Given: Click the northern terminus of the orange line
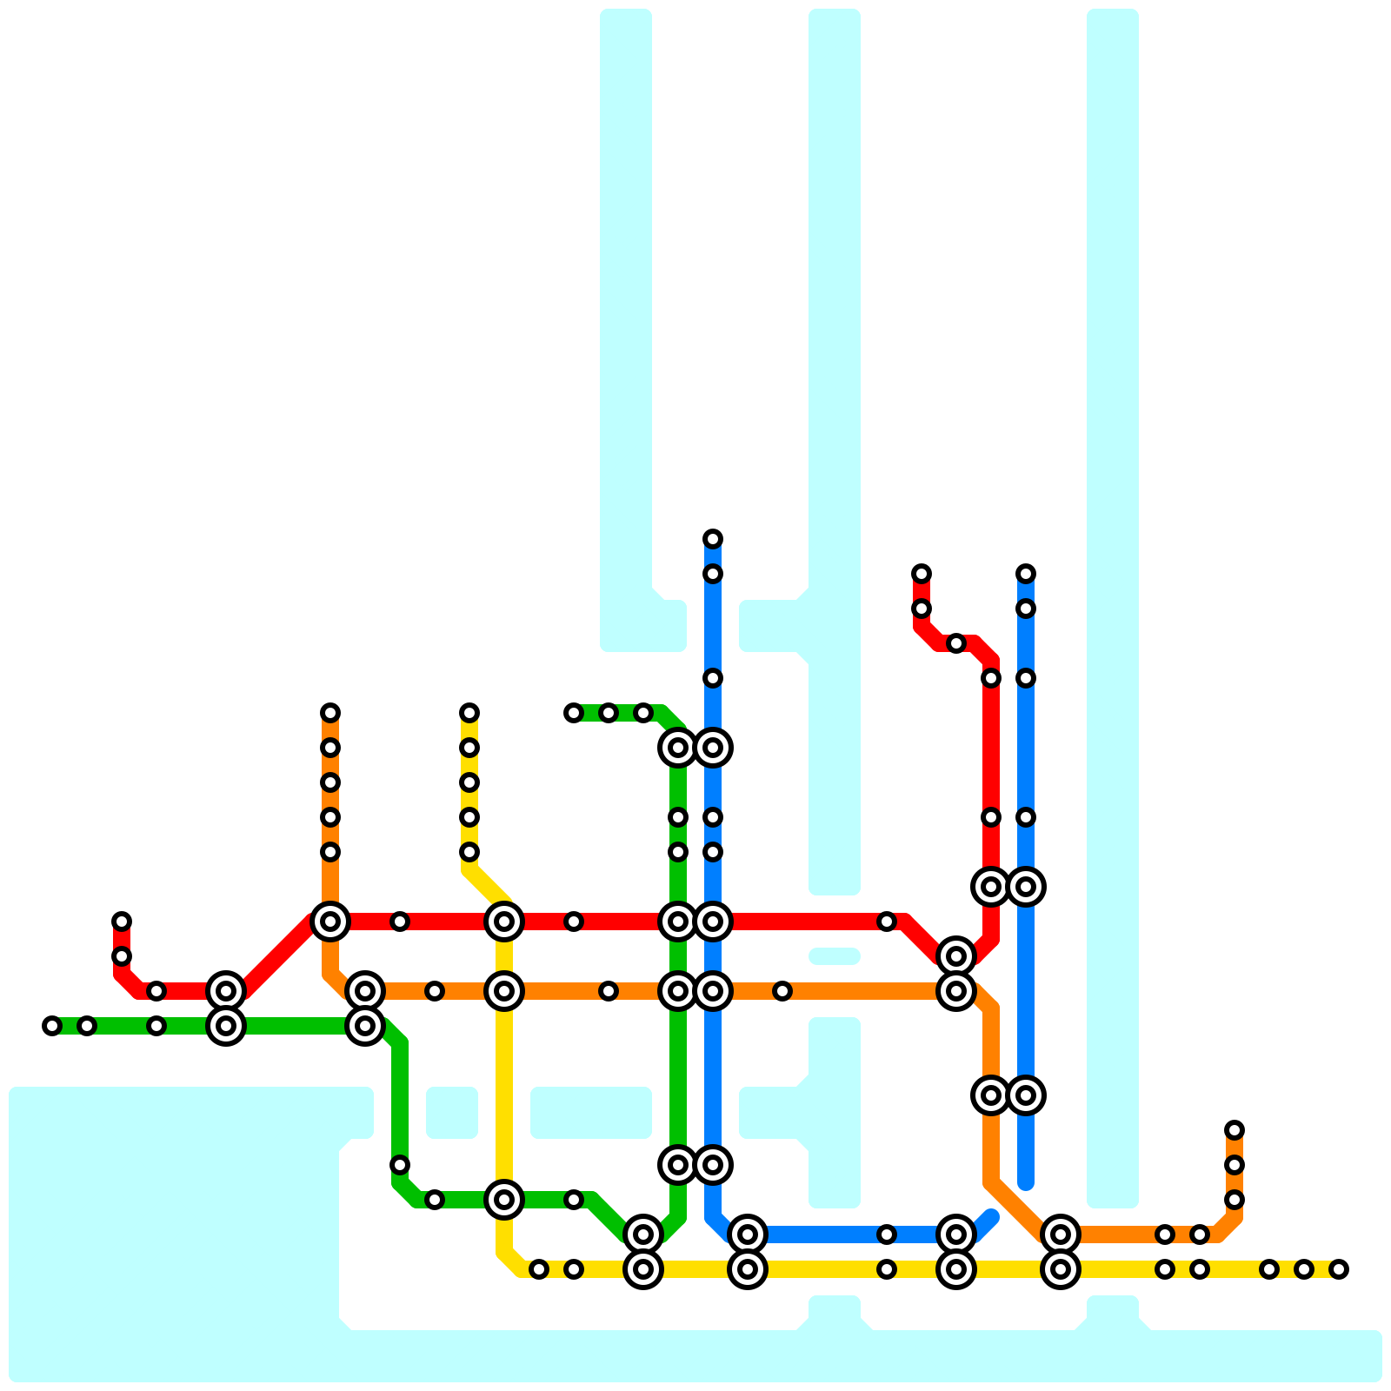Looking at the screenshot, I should (x=330, y=713).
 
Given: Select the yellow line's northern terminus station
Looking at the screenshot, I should (x=469, y=713).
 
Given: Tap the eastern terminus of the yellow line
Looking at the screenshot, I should (x=1339, y=1269).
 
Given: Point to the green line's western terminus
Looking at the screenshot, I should (x=52, y=1026).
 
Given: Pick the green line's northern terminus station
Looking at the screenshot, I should (x=574, y=713).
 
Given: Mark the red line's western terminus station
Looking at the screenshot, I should (x=122, y=922).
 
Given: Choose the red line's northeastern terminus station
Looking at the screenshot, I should (x=922, y=574).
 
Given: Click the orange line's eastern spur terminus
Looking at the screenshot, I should (x=1235, y=1130).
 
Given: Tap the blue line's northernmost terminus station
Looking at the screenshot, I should (x=713, y=539).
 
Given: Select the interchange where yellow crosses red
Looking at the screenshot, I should (x=504, y=922).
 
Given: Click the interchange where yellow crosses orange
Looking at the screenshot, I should (x=504, y=991).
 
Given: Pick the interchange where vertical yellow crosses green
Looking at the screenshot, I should (x=504, y=1200).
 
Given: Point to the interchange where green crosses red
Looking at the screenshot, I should (x=678, y=922).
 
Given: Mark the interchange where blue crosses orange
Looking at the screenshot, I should (x=713, y=991).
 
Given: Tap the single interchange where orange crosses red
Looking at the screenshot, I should (x=330, y=922).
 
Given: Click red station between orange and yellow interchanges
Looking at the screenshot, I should (x=400, y=922).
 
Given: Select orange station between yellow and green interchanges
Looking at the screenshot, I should (x=609, y=991).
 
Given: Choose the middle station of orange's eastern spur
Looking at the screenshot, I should (x=1235, y=1165).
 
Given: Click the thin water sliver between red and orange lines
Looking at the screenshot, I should (x=835, y=956).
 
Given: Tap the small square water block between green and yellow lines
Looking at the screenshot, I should (x=452, y=1113).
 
